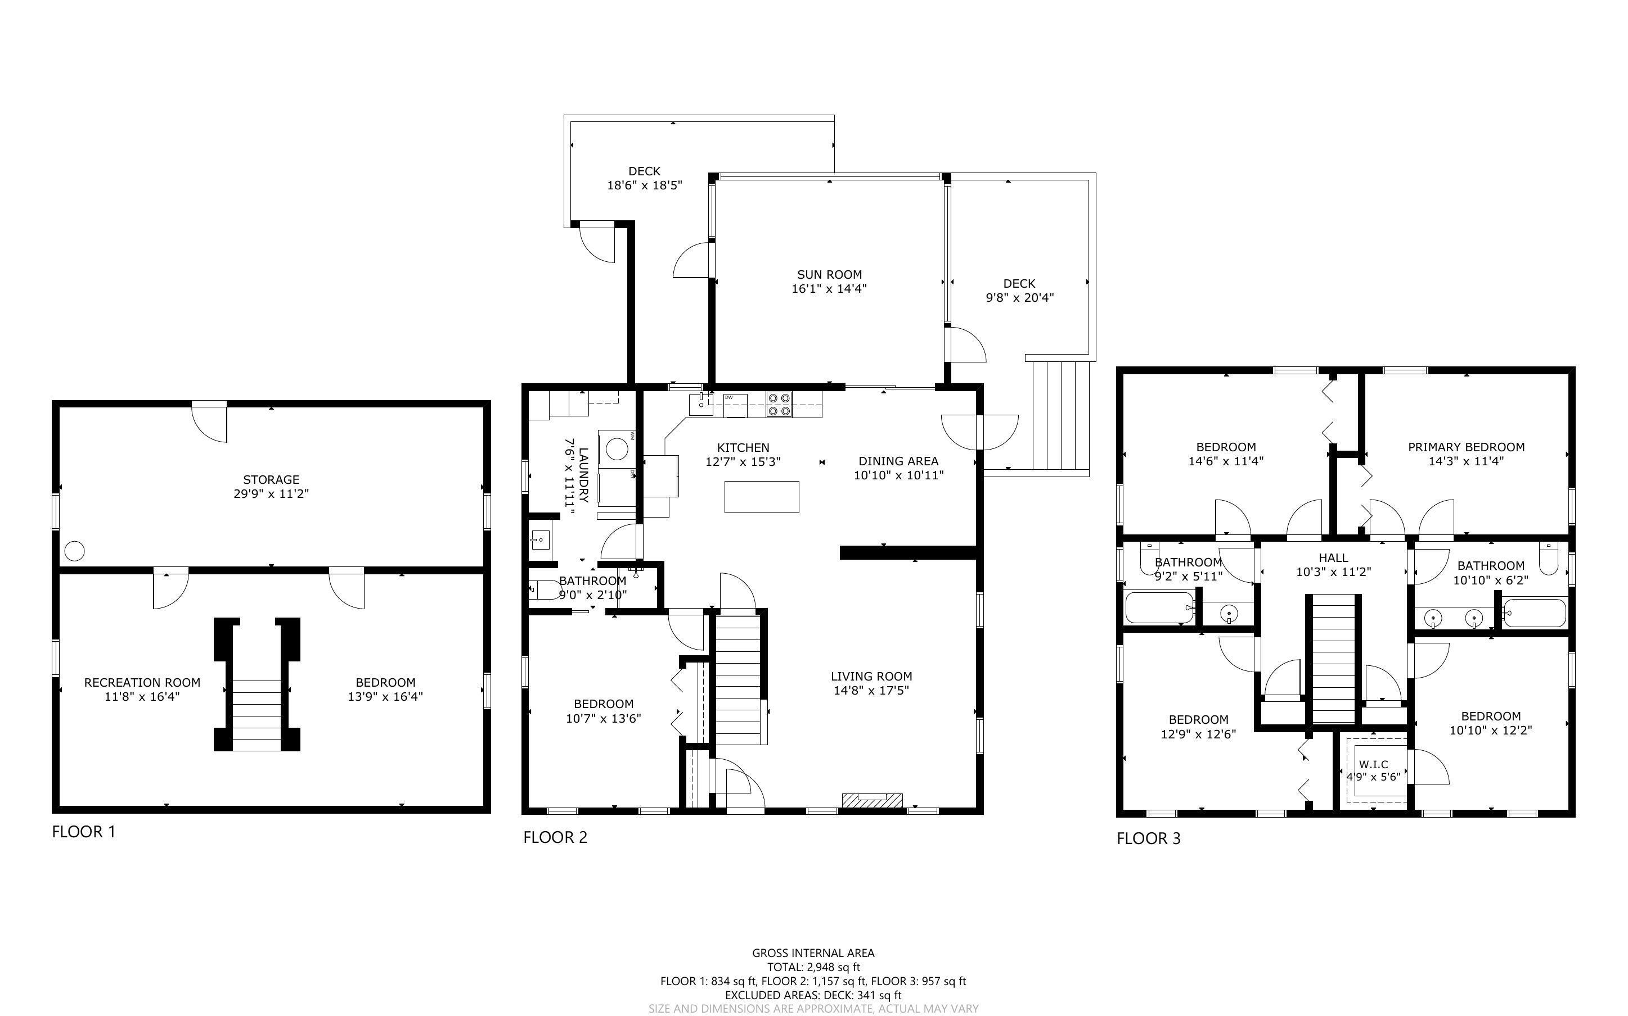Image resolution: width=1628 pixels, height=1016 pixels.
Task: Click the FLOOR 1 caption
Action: click(x=84, y=832)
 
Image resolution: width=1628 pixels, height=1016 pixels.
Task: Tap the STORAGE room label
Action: click(x=271, y=480)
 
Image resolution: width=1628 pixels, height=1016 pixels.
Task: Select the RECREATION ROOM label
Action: click(x=142, y=683)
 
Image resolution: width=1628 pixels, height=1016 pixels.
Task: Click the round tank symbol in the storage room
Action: click(x=75, y=551)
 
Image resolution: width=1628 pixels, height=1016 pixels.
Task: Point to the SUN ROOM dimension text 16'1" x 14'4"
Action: click(x=829, y=289)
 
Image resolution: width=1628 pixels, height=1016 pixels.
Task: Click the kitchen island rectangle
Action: click(x=761, y=497)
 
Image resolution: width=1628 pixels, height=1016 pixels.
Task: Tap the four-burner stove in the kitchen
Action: click(x=779, y=405)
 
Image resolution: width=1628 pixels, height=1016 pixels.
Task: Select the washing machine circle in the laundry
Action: click(x=617, y=448)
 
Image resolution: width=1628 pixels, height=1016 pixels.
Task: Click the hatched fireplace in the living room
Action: click(x=871, y=800)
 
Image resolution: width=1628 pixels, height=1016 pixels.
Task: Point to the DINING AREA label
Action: click(x=898, y=461)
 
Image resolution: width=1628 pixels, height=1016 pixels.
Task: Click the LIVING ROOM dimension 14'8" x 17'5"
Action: click(x=871, y=691)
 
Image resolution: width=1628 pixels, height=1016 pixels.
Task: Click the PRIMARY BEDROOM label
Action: click(x=1466, y=447)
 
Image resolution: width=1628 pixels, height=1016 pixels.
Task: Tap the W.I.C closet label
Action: click(x=1373, y=765)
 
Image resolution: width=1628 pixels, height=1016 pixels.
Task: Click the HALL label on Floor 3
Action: click(x=1333, y=557)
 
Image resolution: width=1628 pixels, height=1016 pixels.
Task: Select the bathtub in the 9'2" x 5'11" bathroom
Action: click(x=1159, y=607)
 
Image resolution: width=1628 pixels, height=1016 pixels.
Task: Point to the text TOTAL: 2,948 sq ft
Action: click(x=813, y=968)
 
